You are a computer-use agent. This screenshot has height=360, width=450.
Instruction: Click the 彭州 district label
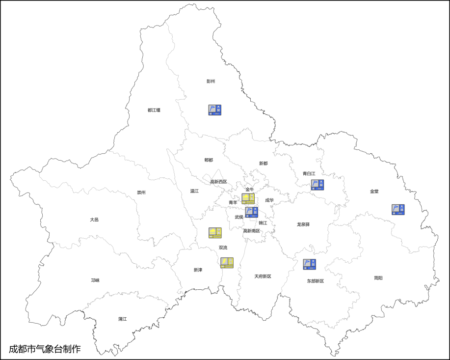pos(211,82)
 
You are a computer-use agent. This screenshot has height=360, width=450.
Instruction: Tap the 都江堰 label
pos(154,110)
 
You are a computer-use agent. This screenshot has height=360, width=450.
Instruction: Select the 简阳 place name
pos(378,278)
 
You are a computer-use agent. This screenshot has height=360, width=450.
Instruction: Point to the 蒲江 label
pos(122,319)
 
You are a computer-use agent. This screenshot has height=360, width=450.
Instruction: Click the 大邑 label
pos(94,220)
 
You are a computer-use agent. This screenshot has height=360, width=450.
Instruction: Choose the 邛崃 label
pos(95,280)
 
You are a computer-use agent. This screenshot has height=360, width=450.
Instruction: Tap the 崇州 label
pos(141,193)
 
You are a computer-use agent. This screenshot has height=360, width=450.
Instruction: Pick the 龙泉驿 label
pos(303,224)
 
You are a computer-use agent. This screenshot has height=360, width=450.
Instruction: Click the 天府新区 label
pos(263,276)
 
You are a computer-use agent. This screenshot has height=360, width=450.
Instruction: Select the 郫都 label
pos(209,160)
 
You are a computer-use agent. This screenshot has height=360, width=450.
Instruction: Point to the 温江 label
pos(194,191)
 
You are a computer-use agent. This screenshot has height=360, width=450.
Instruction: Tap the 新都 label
pos(264,163)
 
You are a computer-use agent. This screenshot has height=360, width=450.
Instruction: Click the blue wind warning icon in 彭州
pos(215,110)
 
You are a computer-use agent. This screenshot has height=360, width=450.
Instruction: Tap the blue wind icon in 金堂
pos(398,210)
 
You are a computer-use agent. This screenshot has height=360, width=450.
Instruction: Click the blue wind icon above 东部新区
pos(310,264)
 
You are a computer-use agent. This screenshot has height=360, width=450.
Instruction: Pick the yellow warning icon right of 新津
pos(227,262)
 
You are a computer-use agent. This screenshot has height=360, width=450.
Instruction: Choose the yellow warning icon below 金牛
pos(248,198)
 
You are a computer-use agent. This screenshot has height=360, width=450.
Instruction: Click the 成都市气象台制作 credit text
pos(45,349)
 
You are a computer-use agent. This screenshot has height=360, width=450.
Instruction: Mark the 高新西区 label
pos(218,182)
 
